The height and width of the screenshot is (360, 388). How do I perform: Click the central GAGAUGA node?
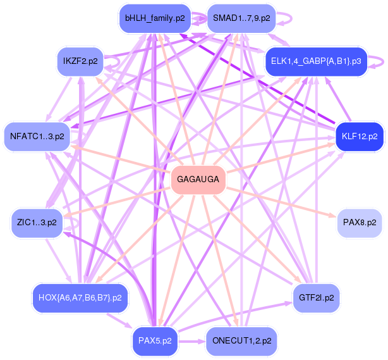click(x=198, y=180)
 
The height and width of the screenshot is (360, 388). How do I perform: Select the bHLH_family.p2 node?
click(x=155, y=18)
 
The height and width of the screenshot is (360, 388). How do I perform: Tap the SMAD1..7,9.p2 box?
click(x=241, y=18)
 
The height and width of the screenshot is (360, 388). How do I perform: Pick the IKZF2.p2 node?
click(x=80, y=61)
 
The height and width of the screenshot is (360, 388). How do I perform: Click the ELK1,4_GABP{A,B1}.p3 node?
click(x=315, y=61)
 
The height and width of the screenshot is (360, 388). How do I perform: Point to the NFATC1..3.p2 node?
click(x=37, y=137)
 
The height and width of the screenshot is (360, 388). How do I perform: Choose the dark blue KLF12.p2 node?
click(x=359, y=137)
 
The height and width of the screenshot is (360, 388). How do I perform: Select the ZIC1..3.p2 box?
click(x=37, y=223)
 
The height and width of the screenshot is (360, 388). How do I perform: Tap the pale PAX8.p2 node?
click(x=359, y=223)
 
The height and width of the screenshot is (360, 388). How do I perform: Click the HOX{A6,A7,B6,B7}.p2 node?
click(x=80, y=297)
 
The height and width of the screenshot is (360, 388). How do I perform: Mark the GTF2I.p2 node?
click(x=316, y=297)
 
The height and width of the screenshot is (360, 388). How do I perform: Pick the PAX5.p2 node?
click(x=155, y=340)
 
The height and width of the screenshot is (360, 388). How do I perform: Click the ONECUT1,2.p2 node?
click(x=241, y=340)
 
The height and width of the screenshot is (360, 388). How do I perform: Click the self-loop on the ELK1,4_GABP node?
click(x=377, y=61)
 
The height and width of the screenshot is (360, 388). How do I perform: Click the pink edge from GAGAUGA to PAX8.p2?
click(x=278, y=201)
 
